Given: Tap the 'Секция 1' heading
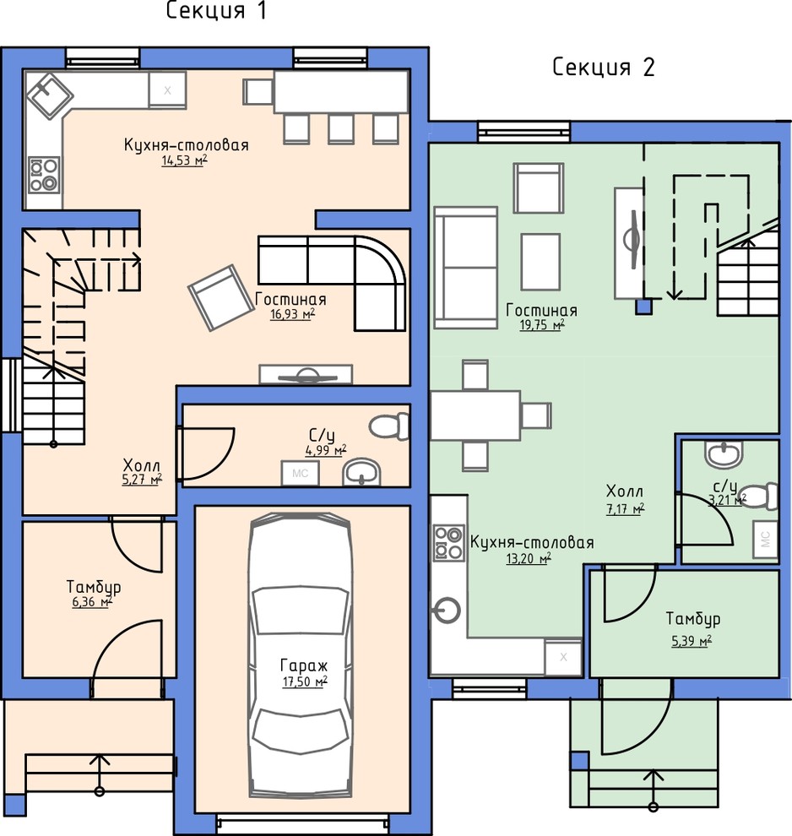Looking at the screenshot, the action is [216, 11].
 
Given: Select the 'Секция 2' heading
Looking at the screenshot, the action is [604, 68].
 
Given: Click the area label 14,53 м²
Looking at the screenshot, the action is [184, 160].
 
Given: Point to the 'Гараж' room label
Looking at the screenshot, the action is [304, 665].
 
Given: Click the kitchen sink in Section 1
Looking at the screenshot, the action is [50, 96].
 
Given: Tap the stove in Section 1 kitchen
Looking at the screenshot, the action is [44, 174].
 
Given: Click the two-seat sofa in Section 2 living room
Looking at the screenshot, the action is [466, 268].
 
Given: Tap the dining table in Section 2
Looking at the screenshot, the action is [475, 415].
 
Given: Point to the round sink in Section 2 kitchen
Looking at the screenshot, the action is [447, 611].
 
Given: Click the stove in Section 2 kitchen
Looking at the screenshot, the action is [448, 543].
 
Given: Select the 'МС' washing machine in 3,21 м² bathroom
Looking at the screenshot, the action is [765, 540].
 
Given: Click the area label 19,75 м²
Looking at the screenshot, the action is [542, 325].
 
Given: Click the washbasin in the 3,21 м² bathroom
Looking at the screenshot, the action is [724, 455].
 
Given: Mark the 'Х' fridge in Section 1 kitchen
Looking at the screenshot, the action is [167, 90].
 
